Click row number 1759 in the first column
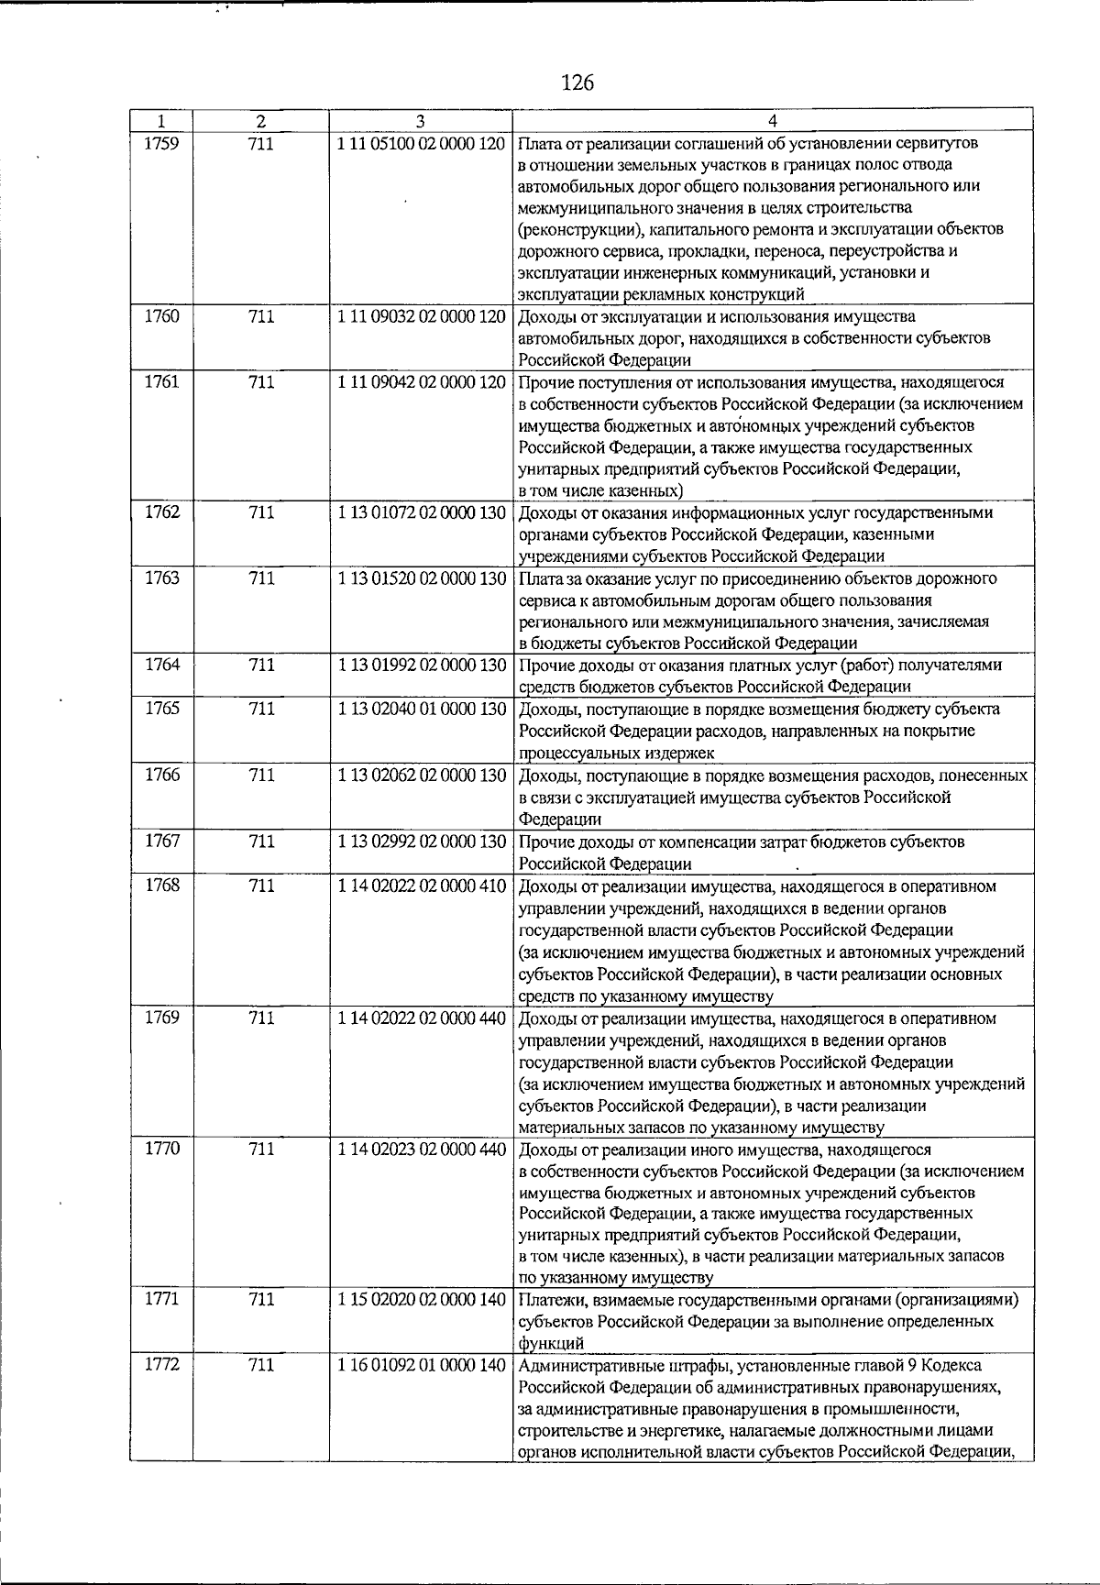[x=161, y=143]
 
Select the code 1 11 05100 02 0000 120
[x=421, y=143]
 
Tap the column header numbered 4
[x=773, y=121]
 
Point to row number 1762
[x=161, y=512]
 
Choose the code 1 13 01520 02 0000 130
[x=421, y=578]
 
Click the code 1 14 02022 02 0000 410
[x=421, y=886]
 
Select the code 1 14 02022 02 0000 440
[x=421, y=1018]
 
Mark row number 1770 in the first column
[x=161, y=1149]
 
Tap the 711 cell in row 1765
[x=261, y=709]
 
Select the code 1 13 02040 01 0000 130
[x=421, y=709]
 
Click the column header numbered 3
[x=420, y=121]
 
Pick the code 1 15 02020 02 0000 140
[x=421, y=1300]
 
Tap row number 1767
[x=161, y=842]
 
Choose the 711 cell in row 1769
[x=261, y=1018]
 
